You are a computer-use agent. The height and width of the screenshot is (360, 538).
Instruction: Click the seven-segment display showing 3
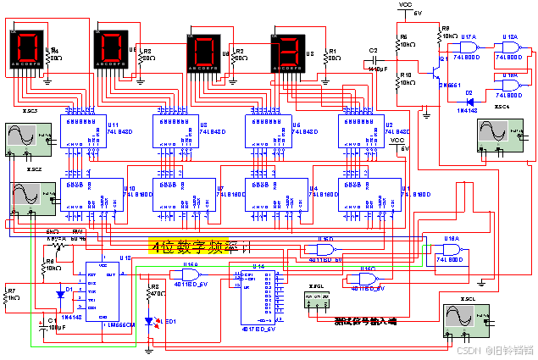(x=291, y=52)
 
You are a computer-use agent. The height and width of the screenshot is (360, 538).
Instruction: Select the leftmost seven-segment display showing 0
(x=27, y=50)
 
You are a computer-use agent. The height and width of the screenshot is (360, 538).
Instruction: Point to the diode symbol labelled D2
(x=468, y=97)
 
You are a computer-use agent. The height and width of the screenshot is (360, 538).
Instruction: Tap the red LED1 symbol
(x=151, y=321)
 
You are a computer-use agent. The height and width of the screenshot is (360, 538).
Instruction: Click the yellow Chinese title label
(x=188, y=246)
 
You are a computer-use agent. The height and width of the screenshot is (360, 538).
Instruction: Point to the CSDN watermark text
(x=492, y=349)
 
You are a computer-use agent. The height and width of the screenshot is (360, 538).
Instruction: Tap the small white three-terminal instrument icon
(x=318, y=300)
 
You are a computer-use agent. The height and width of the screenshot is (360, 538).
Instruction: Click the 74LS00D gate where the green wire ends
(x=450, y=251)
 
